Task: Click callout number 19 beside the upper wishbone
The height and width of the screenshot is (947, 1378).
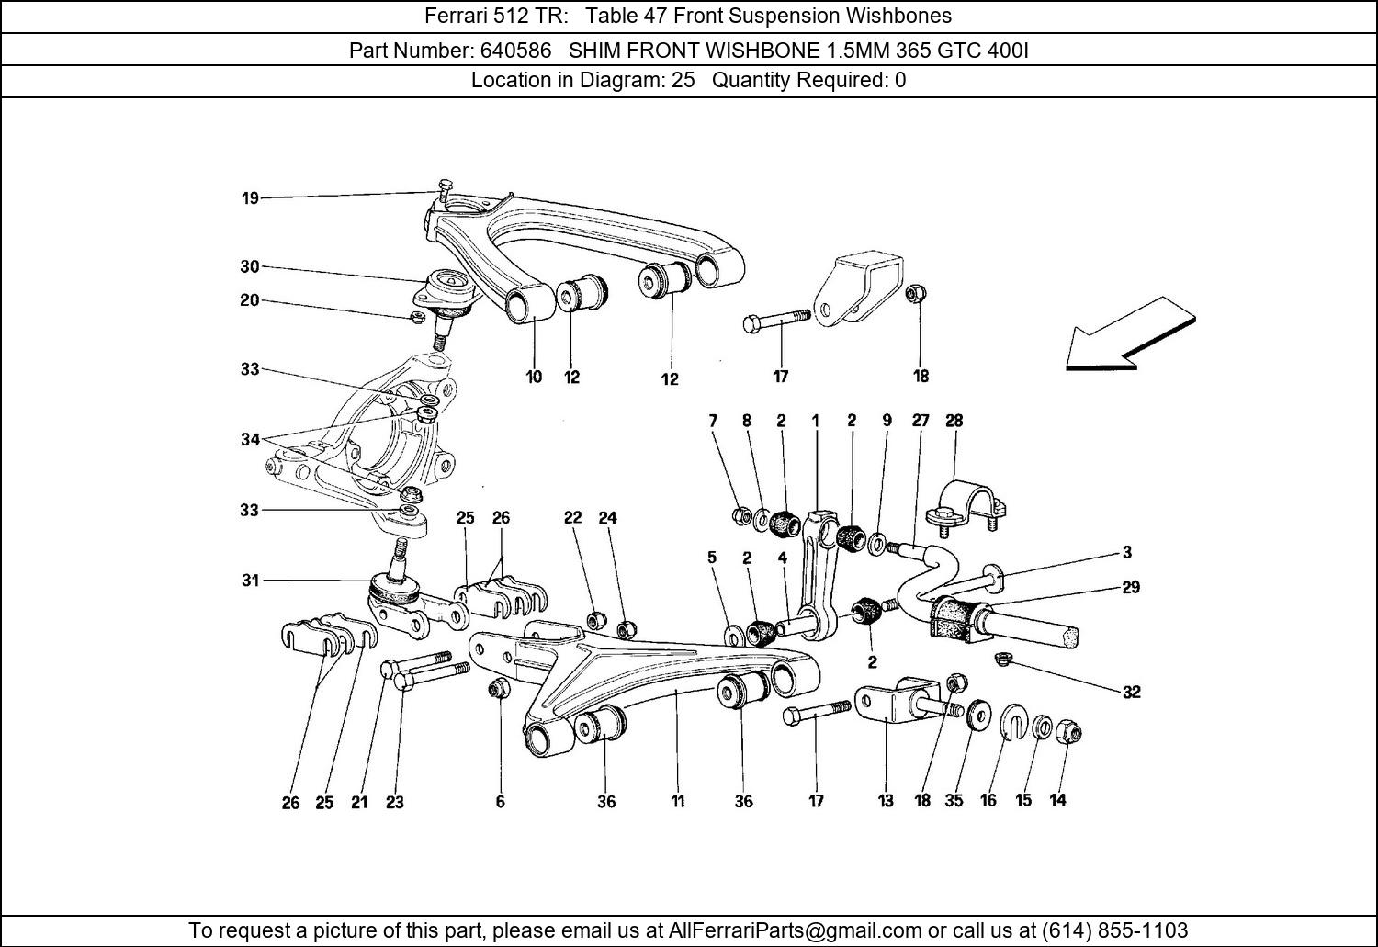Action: click(x=250, y=197)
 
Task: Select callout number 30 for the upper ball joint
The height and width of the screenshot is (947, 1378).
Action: click(x=250, y=267)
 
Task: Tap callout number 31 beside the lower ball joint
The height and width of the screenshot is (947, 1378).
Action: click(x=250, y=581)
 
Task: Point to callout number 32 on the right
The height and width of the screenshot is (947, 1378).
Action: click(x=1131, y=692)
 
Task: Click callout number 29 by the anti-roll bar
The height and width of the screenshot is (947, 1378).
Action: click(x=1130, y=587)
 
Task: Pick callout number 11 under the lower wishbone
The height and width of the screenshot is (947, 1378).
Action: click(x=677, y=801)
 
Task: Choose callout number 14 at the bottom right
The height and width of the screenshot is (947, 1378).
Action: click(x=1057, y=800)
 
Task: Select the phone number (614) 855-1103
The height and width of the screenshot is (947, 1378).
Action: click(x=1114, y=930)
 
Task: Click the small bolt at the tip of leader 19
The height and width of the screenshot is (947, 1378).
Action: click(x=446, y=190)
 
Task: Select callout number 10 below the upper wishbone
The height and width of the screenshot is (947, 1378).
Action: click(x=534, y=377)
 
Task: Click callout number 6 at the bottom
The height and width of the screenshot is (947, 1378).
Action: click(x=501, y=801)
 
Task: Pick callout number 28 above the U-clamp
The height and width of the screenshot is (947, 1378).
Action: click(x=954, y=421)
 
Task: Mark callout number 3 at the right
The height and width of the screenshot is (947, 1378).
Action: click(x=1127, y=553)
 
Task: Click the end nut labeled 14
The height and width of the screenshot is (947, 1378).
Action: click(x=1069, y=732)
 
